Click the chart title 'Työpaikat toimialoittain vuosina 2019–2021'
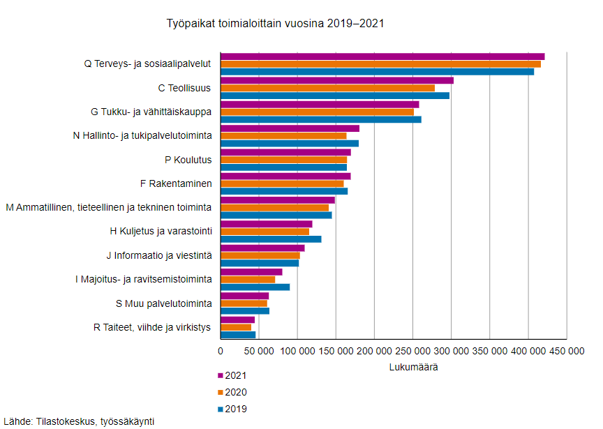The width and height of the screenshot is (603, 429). pyautogui.click(x=275, y=23)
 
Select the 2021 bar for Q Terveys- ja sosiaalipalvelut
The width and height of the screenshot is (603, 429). pyautogui.click(x=382, y=57)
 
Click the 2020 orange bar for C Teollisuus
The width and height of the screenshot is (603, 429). pyautogui.click(x=327, y=88)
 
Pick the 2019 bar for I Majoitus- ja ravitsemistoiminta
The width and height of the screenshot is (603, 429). pyautogui.click(x=255, y=287)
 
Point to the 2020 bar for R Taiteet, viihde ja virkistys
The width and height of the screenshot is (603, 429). pyautogui.click(x=236, y=326)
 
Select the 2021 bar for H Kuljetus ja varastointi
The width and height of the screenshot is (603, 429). pyautogui.click(x=266, y=223)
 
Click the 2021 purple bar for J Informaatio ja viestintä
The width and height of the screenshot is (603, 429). pyautogui.click(x=262, y=248)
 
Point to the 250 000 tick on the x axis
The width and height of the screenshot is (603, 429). pyautogui.click(x=412, y=352)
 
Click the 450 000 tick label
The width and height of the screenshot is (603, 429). pyautogui.click(x=566, y=352)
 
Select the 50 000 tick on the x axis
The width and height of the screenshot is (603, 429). pyautogui.click(x=259, y=352)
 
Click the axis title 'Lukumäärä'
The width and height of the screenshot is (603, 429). pyautogui.click(x=412, y=367)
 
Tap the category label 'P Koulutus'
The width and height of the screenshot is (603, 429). pyautogui.click(x=188, y=160)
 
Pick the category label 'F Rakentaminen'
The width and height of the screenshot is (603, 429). pyautogui.click(x=176, y=183)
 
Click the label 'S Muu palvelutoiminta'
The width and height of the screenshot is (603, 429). pyautogui.click(x=163, y=303)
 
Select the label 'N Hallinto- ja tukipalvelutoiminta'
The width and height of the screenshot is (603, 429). pyautogui.click(x=142, y=135)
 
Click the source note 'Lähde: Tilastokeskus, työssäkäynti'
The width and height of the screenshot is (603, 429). pyautogui.click(x=79, y=421)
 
